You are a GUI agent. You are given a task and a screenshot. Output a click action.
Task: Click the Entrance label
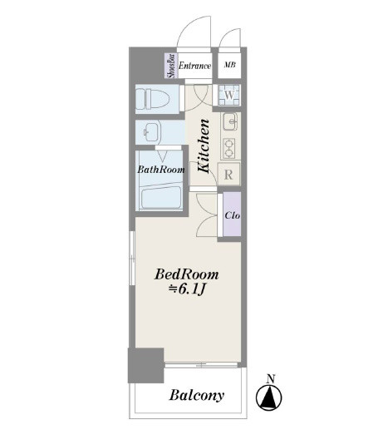click(x=194, y=66)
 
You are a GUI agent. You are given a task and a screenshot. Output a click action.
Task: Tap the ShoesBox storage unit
click(x=171, y=66)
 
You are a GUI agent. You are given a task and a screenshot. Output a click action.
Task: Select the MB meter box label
click(x=230, y=65)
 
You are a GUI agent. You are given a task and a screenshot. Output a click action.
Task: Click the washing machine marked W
click(x=229, y=95)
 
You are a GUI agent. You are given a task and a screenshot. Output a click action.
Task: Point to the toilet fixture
click(x=153, y=99)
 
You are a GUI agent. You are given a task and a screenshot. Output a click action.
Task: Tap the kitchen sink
click(x=231, y=121)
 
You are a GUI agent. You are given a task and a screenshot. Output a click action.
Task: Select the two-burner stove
click(x=229, y=148)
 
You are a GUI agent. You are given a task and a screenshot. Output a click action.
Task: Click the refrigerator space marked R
click(x=228, y=175)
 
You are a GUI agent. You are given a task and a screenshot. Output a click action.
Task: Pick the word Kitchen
click(x=204, y=146)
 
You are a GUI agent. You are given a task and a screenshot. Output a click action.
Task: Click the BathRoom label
click(x=161, y=170)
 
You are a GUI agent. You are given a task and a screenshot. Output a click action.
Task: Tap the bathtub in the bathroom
click(x=160, y=197)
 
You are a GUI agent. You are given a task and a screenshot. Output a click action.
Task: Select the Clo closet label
click(x=233, y=215)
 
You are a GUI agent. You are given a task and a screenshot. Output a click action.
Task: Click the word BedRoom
click(x=187, y=274)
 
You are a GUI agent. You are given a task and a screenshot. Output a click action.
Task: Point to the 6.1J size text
click(x=187, y=289)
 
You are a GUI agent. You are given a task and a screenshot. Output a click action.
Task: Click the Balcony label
click(x=196, y=395)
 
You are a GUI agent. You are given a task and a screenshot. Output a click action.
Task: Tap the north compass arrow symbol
click(x=269, y=397)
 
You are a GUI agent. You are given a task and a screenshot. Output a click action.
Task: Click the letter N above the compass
click(x=271, y=379)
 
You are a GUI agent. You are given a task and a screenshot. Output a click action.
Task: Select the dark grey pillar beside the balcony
click(x=145, y=365)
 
